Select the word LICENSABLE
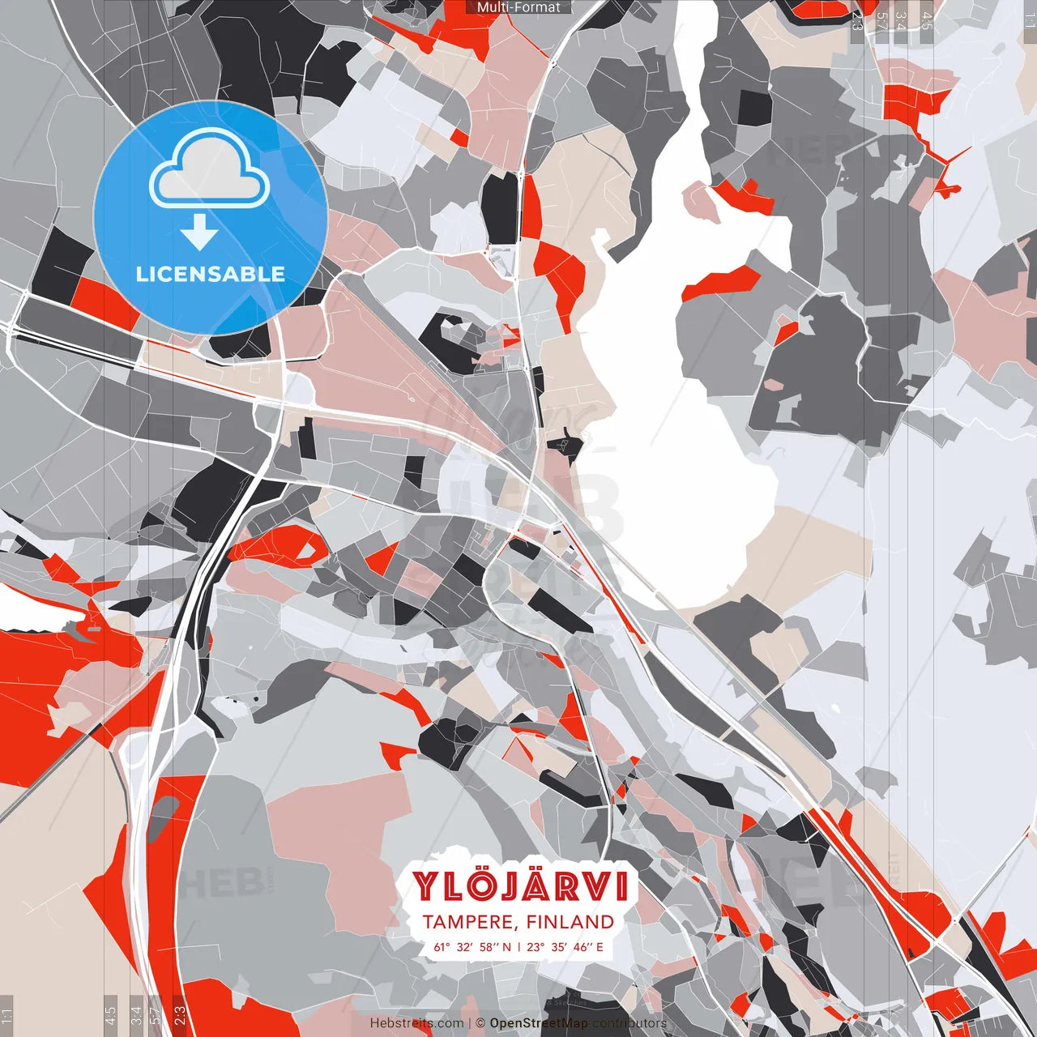210,274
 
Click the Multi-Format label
518,7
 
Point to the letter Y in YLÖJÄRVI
426,886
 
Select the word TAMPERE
468,922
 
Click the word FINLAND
570,922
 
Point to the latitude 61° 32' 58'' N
472,946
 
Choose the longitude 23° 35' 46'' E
565,946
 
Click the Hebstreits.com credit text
416,1023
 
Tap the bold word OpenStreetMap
539,1023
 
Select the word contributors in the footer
629,1023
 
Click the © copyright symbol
480,1023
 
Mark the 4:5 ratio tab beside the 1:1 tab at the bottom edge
110,1014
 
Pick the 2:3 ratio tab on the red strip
180,1014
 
